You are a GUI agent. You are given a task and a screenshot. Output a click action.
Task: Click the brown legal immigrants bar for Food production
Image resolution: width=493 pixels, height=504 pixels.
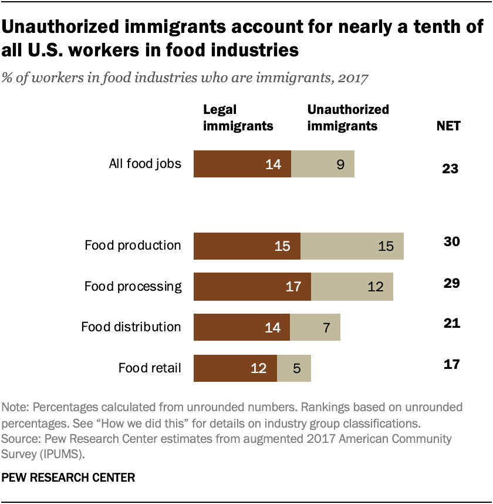point(246,246)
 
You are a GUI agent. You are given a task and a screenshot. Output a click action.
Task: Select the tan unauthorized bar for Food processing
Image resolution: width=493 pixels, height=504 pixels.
point(352,287)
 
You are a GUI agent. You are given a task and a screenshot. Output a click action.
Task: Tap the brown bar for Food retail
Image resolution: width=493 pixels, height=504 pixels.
point(235,368)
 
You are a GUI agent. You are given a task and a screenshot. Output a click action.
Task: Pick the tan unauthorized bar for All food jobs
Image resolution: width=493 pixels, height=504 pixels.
point(322,164)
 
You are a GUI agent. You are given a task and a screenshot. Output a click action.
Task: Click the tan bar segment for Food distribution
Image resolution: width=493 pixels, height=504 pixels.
point(315,327)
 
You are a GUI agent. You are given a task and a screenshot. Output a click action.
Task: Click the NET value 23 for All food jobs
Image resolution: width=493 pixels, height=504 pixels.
point(450,170)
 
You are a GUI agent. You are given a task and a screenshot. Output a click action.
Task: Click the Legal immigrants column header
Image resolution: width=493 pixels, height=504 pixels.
point(238,117)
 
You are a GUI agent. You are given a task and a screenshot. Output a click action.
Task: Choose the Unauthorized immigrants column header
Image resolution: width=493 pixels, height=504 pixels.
point(348,117)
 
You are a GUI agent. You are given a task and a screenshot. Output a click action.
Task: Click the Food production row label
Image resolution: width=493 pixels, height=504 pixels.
point(133,246)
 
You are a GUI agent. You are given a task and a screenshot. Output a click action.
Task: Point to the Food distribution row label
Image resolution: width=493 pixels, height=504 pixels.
point(131,327)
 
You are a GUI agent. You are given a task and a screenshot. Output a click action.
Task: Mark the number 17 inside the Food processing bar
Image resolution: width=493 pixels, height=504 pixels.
point(293,287)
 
